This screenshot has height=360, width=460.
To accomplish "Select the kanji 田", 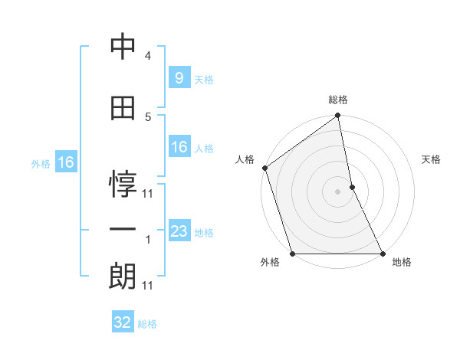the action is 123,109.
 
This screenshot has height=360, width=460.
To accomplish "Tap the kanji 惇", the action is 123,182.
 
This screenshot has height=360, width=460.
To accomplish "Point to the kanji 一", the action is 123,229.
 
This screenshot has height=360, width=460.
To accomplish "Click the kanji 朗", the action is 123,274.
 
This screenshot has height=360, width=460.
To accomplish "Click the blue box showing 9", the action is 179,77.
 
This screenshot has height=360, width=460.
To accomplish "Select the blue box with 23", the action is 179,231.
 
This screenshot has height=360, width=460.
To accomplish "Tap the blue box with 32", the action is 123,322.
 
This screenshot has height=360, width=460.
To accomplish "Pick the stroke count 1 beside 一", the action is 148,240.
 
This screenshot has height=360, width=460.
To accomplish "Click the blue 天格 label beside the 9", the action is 204,79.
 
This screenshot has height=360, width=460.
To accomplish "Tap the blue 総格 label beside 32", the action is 148,324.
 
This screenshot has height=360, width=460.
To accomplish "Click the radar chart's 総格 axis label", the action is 338,100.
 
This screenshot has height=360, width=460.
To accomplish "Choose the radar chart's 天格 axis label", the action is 432,159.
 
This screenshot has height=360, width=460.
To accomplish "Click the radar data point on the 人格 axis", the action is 264,168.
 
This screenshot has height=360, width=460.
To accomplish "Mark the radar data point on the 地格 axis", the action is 382,253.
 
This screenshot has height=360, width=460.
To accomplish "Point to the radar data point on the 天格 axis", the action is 352,187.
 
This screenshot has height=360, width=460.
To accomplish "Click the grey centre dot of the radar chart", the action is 338,191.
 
